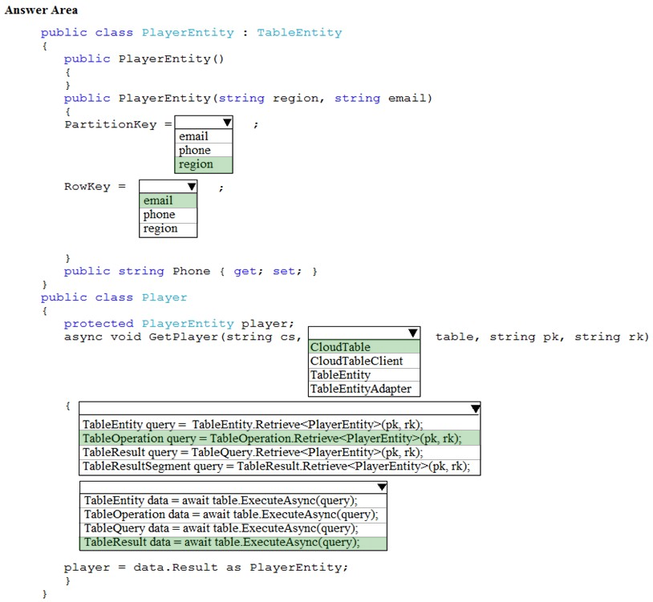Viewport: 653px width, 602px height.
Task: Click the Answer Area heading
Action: [41, 10]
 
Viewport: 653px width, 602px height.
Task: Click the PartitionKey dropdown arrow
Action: [227, 123]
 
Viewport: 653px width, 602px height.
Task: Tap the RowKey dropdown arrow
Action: [192, 187]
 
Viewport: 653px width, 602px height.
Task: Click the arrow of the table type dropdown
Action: [412, 333]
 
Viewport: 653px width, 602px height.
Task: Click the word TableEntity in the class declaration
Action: [299, 32]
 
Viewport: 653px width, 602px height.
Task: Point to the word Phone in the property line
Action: [192, 271]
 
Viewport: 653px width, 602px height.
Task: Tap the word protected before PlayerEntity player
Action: [99, 324]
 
